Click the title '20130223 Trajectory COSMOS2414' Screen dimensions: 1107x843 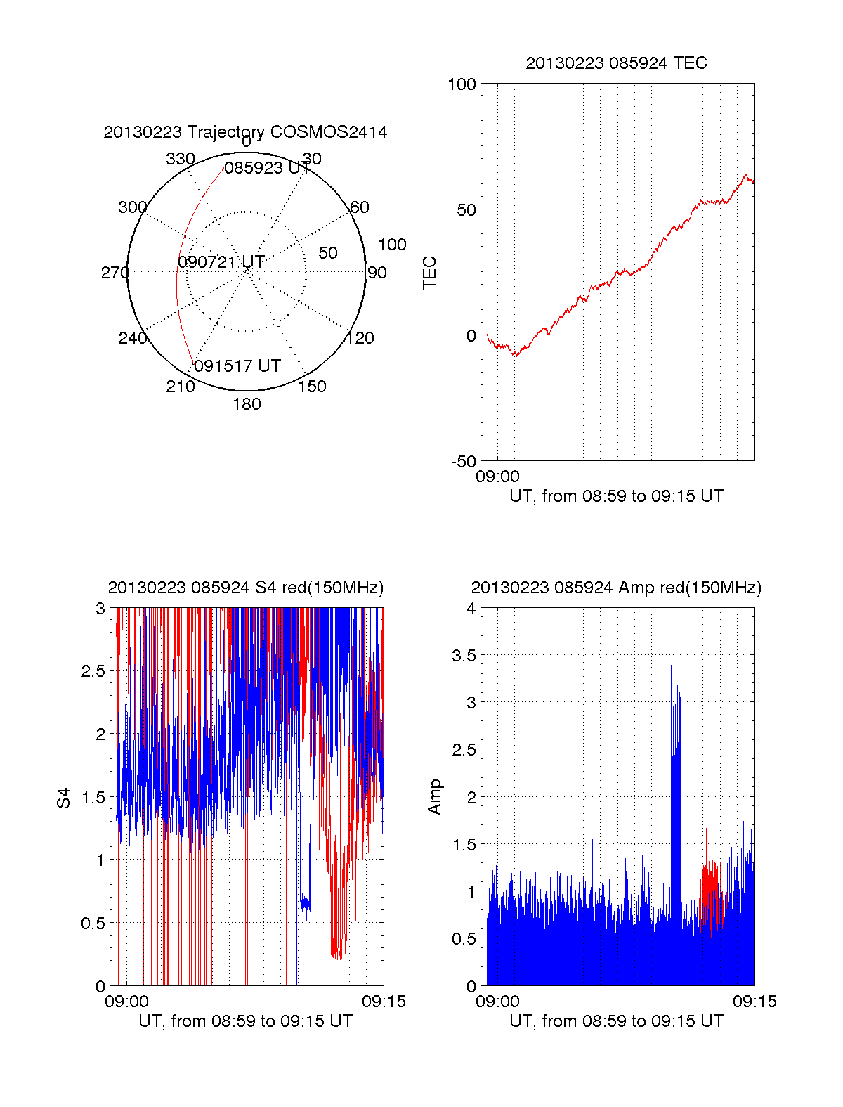[x=245, y=132]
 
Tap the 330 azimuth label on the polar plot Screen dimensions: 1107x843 [x=180, y=159]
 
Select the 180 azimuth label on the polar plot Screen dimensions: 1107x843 [x=247, y=404]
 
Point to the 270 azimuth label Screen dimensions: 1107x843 [x=115, y=273]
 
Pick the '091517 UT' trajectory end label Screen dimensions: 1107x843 [x=237, y=366]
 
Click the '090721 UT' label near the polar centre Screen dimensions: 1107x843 [x=221, y=262]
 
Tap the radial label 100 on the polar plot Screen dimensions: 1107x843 [x=392, y=245]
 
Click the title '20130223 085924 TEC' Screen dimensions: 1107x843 [x=616, y=63]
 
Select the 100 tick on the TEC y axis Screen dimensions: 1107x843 [x=462, y=84]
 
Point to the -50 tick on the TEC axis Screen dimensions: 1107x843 [x=463, y=462]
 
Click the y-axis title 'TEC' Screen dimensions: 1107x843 [x=430, y=273]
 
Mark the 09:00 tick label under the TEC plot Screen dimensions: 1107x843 [x=497, y=477]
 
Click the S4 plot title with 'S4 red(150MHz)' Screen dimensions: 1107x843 [x=245, y=588]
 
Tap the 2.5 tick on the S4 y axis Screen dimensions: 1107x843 [x=93, y=671]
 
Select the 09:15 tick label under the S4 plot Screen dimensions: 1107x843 [x=384, y=1002]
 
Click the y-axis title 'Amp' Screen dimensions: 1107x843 [x=435, y=797]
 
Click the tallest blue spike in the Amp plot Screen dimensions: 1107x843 [x=671, y=668]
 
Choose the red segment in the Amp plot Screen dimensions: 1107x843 [x=712, y=893]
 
